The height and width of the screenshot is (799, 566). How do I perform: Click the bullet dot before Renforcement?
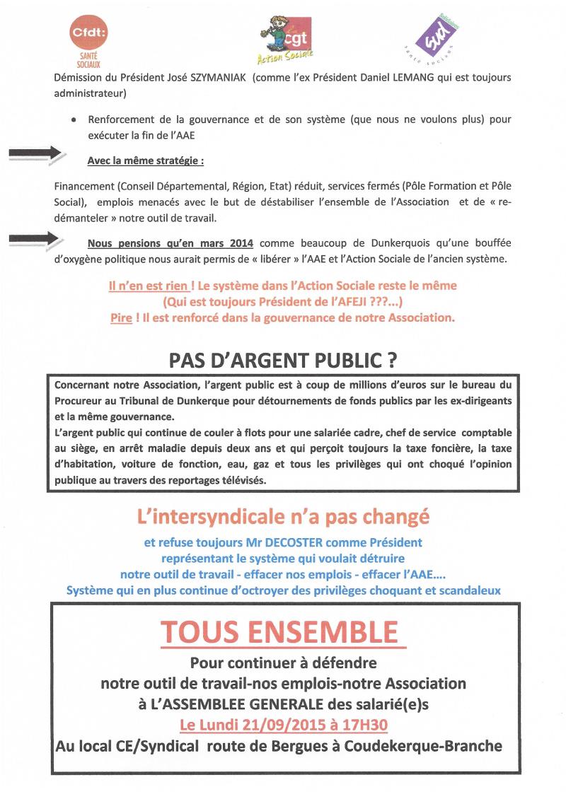(x=74, y=120)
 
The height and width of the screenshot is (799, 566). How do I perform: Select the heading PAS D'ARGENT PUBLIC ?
(x=282, y=361)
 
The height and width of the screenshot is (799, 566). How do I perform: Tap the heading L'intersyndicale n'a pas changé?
(x=282, y=517)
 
